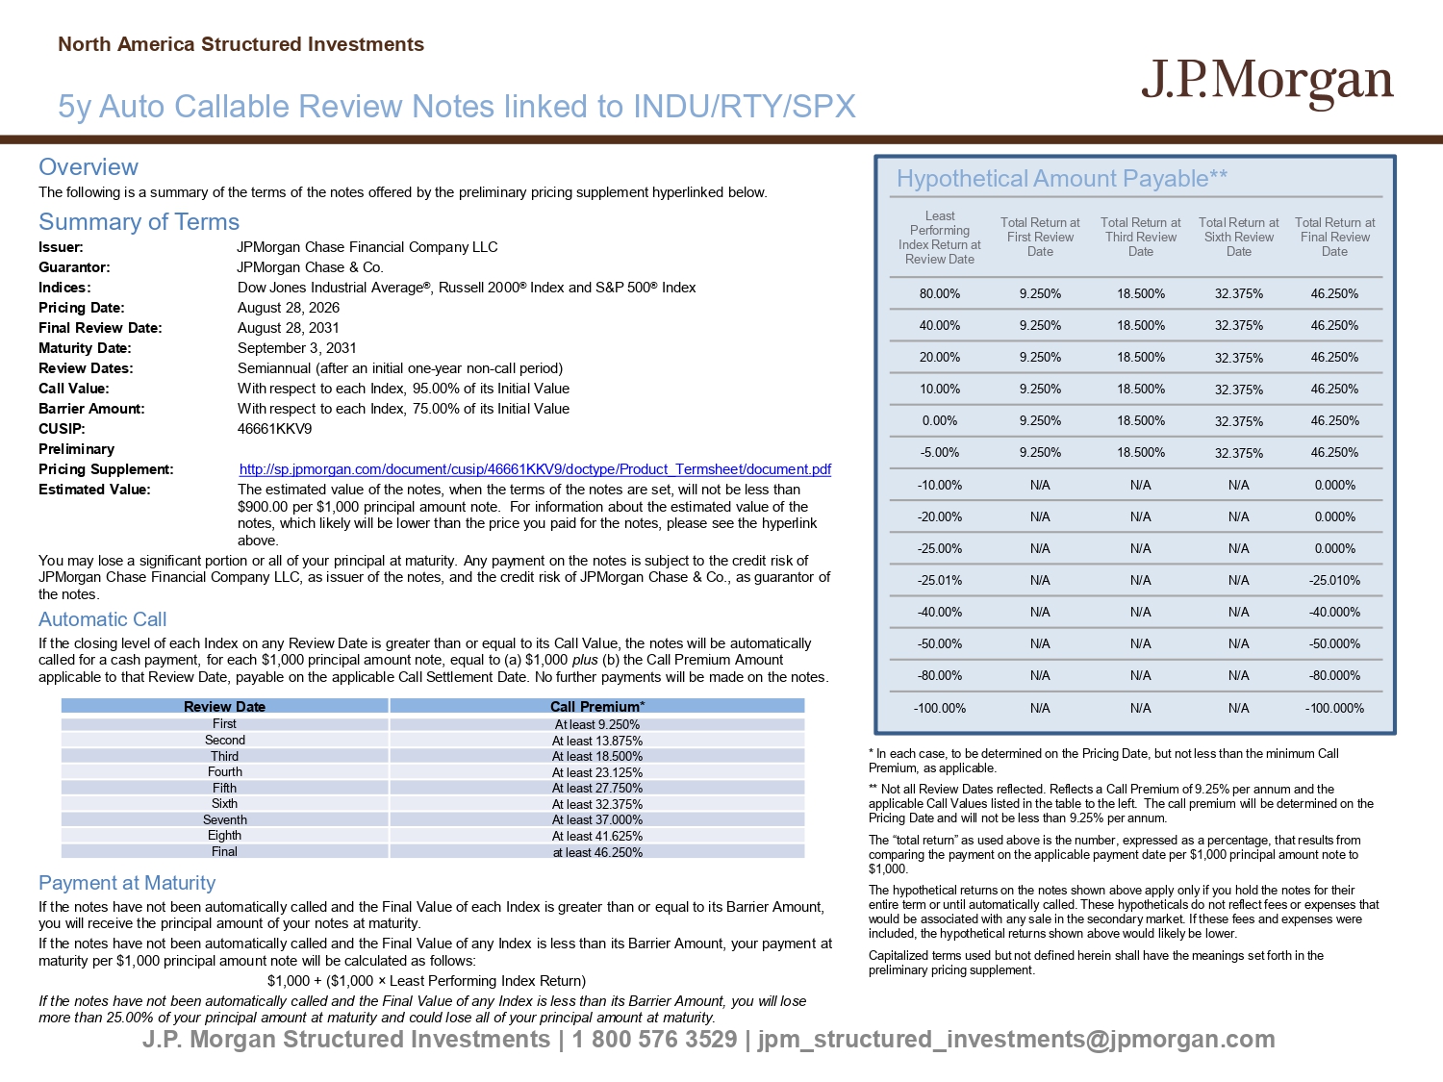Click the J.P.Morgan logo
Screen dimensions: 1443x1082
click(1267, 84)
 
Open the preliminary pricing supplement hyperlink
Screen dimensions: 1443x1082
click(535, 469)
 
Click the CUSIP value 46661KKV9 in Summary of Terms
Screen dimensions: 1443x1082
click(274, 429)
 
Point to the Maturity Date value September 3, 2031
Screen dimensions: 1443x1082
click(296, 348)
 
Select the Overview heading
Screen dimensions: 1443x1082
click(89, 166)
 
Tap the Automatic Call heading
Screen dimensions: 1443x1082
click(102, 618)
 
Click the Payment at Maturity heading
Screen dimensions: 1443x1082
click(127, 882)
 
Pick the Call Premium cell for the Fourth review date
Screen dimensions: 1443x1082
click(597, 772)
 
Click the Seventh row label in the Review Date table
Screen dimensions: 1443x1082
click(225, 819)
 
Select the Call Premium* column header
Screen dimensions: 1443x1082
click(597, 706)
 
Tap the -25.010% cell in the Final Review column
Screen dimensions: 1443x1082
click(1334, 580)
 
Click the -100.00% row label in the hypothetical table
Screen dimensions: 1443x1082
click(940, 708)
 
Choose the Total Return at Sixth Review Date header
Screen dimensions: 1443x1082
click(1238, 238)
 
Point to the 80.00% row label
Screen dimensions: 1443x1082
click(940, 293)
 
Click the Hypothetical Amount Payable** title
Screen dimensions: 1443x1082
click(1062, 178)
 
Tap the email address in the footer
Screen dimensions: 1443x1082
click(1016, 1040)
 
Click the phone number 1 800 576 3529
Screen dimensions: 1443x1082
click(654, 1040)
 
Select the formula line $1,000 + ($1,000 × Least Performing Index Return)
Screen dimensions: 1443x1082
click(426, 981)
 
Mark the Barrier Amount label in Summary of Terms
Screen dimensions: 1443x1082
click(91, 409)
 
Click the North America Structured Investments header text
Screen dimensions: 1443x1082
click(241, 44)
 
